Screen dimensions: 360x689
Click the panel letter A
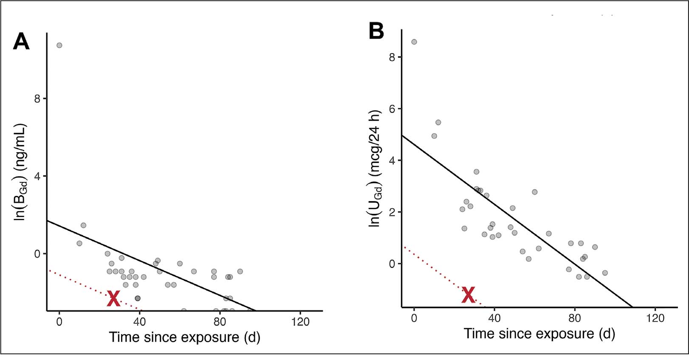pyautogui.click(x=21, y=42)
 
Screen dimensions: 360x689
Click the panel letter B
pyautogui.click(x=376, y=31)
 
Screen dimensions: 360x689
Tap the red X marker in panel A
pyautogui.click(x=113, y=299)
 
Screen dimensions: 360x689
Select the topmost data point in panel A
pyautogui.click(x=59, y=45)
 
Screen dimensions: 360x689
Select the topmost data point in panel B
pyautogui.click(x=414, y=42)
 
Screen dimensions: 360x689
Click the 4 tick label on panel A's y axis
pyautogui.click(x=37, y=176)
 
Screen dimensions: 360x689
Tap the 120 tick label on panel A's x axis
pyautogui.click(x=300, y=322)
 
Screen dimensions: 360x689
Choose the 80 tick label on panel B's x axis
pyautogui.click(x=574, y=318)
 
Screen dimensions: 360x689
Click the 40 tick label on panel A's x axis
pyautogui.click(x=139, y=322)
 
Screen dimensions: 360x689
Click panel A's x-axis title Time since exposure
pyautogui.click(x=184, y=337)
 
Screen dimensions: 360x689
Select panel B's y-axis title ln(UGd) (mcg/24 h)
pyautogui.click(x=375, y=168)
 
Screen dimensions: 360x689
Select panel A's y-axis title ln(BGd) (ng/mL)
pyautogui.click(x=20, y=172)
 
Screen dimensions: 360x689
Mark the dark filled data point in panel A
pyautogui.click(x=138, y=298)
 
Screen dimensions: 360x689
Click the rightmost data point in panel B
pyautogui.click(x=605, y=273)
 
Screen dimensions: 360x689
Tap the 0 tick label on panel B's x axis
pyautogui.click(x=414, y=318)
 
